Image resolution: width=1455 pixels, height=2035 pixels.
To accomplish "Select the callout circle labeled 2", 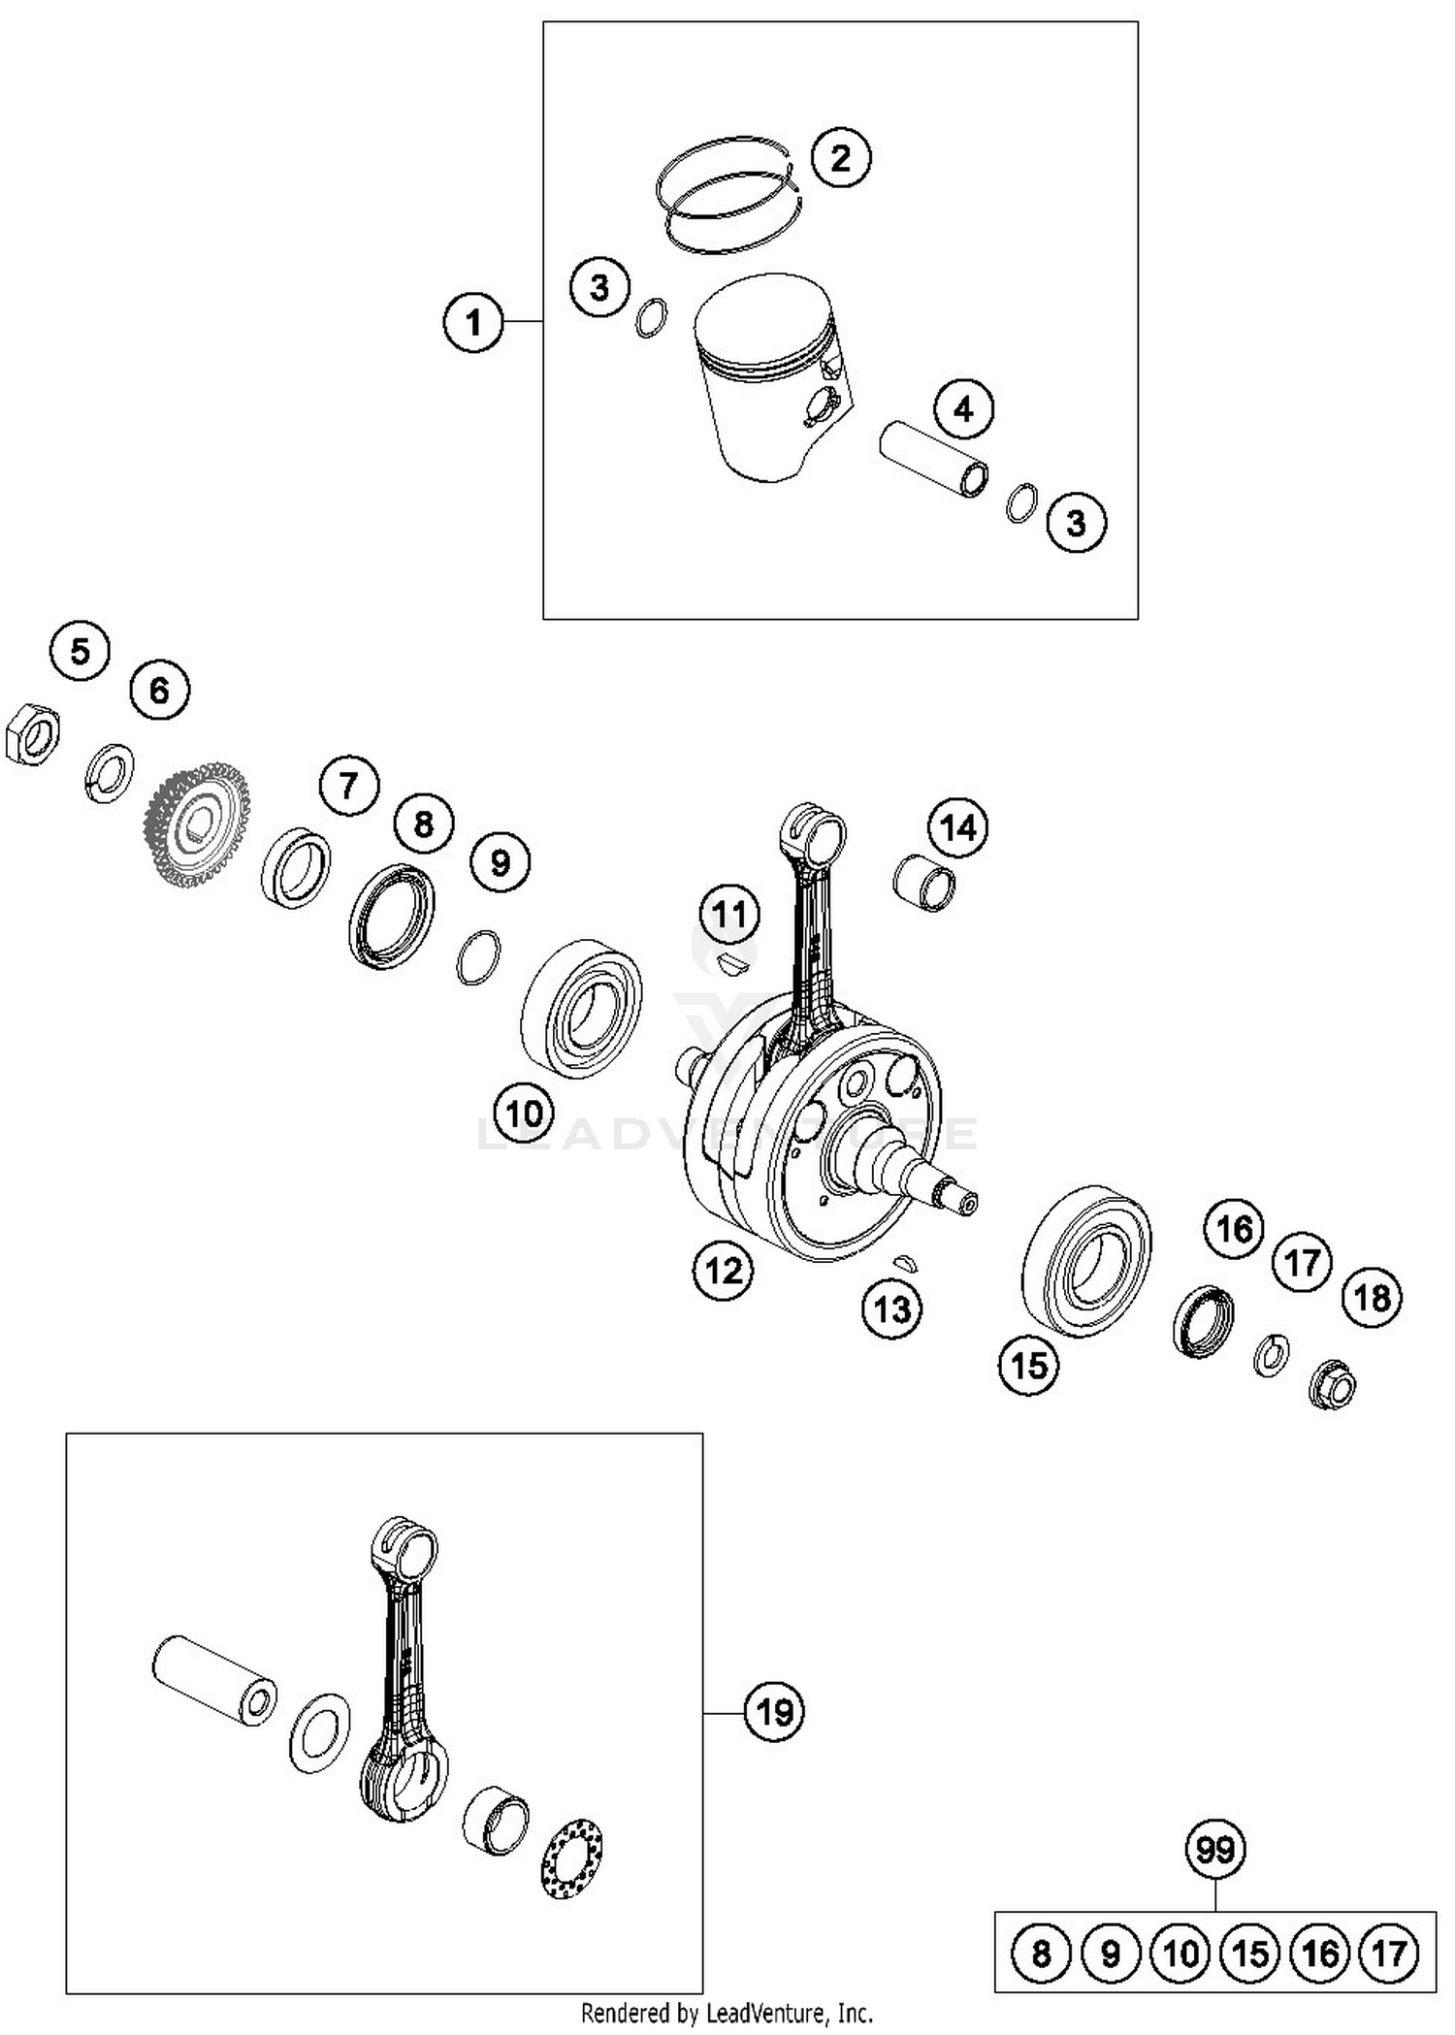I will tap(840, 157).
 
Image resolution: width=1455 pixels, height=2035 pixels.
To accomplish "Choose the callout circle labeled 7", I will tap(349, 785).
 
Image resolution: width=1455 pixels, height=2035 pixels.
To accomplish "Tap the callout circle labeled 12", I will tap(724, 1270).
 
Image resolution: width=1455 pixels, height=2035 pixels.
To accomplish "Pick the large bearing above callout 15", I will tap(1087, 1261).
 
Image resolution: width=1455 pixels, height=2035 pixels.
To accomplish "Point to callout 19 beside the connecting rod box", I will tap(774, 1712).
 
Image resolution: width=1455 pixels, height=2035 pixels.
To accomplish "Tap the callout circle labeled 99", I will tap(1214, 1850).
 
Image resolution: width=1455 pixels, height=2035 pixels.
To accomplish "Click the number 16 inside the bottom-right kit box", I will tap(1320, 1952).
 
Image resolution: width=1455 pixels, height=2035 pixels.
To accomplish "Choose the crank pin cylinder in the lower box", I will tap(214, 1679).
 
